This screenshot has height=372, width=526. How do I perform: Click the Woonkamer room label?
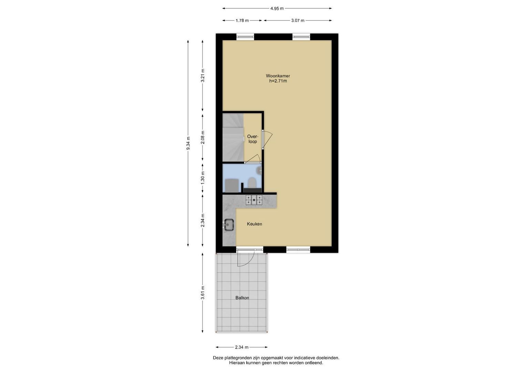(278, 76)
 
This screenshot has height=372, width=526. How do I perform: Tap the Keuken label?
(254, 224)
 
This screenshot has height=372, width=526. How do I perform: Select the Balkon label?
(242, 298)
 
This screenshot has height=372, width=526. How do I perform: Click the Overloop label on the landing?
(253, 139)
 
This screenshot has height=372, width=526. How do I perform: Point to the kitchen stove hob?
(254, 200)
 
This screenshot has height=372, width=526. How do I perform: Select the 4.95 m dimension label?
(277, 9)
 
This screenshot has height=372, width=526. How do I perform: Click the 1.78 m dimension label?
(242, 20)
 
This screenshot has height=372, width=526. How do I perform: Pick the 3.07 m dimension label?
(298, 20)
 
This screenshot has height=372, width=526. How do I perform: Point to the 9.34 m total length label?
(188, 143)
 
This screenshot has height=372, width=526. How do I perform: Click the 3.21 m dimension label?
(203, 75)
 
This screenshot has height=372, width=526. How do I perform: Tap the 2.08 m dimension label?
(203, 137)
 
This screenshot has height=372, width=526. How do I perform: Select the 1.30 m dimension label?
(203, 177)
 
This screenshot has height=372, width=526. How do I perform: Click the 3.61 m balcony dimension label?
(203, 293)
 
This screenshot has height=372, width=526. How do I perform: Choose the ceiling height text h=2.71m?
(278, 81)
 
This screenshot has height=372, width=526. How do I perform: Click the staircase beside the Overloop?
(233, 138)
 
